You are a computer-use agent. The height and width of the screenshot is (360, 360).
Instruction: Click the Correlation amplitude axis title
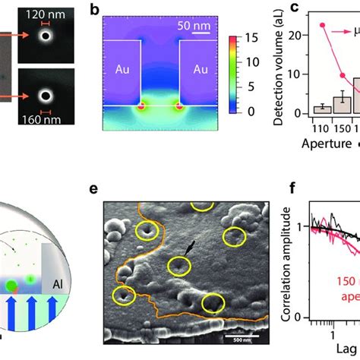click(269, 266)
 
